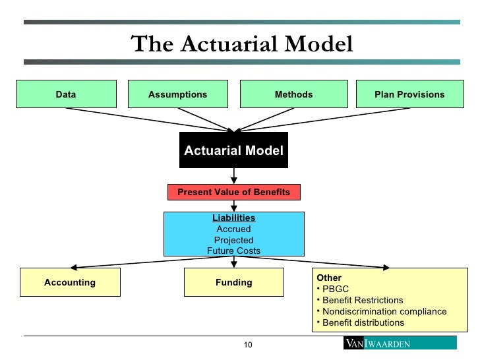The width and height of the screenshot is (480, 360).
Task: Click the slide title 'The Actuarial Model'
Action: [242, 44]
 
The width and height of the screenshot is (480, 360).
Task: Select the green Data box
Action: [66, 94]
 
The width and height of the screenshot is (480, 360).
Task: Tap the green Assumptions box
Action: [177, 94]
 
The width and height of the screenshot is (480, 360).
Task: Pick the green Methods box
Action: [293, 94]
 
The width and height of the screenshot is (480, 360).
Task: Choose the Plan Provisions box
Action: [409, 94]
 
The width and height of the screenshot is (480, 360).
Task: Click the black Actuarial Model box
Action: [233, 150]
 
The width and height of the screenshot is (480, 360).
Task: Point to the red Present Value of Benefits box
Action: [233, 192]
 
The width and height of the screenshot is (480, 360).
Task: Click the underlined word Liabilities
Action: [233, 218]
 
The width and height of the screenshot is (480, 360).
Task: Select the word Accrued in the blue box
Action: [233, 229]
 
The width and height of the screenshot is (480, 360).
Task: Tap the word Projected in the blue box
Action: [233, 240]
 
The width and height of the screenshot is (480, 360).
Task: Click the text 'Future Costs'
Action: [233, 251]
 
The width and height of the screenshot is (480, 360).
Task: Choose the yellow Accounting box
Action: [70, 282]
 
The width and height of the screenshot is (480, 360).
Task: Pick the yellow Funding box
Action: [233, 282]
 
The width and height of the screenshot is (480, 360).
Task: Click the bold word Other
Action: [329, 278]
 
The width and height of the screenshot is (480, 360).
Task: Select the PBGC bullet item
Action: [336, 289]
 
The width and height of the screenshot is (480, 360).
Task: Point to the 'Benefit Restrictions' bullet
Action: [362, 300]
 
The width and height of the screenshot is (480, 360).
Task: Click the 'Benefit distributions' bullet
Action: [363, 322]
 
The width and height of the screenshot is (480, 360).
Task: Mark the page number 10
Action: [249, 345]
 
